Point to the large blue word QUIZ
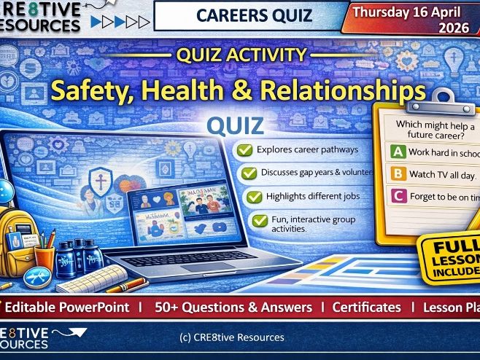tap(236, 125)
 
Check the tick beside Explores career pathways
tap(246, 150)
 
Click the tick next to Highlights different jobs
tap(254, 197)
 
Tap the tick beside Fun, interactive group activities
tap(259, 220)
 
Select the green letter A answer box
tap(398, 152)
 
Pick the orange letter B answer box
tap(398, 173)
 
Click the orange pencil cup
tap(44, 252)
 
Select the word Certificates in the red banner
tap(366, 307)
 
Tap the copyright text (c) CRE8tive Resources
tap(231, 337)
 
